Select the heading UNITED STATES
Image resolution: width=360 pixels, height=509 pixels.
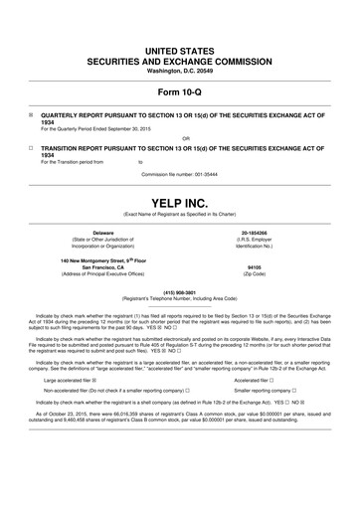point(179,21)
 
